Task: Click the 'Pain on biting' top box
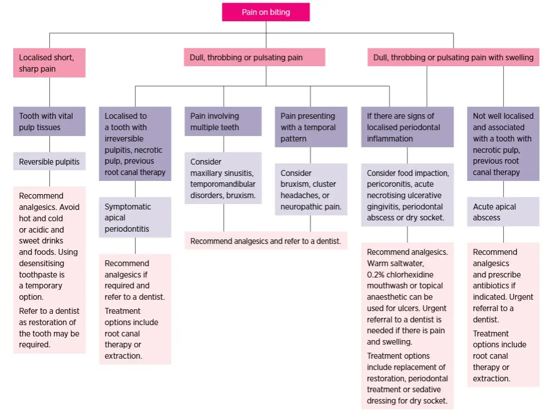coord(266,12)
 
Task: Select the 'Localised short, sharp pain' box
coord(49,63)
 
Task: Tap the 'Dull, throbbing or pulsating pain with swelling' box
coord(453,58)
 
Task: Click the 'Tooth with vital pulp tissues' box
coord(49,122)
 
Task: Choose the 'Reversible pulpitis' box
coord(49,162)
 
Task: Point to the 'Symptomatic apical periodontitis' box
coord(135,218)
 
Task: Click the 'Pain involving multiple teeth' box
coord(223,122)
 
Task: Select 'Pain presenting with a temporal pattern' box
coord(311,127)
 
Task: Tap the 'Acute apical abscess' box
coord(503,212)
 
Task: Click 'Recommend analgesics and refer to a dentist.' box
coord(266,241)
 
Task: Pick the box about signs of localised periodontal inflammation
coord(407,127)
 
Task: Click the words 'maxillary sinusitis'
coord(222,173)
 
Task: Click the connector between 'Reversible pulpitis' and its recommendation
coord(49,178)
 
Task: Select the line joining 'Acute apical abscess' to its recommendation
coord(503,234)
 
